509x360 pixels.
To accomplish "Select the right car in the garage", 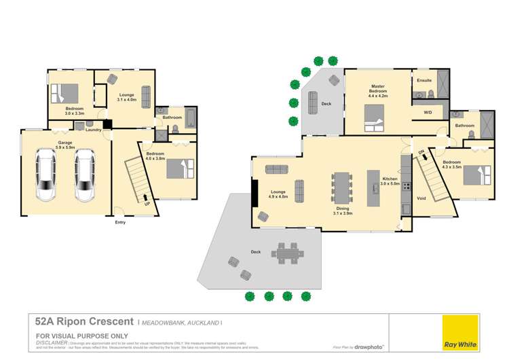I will pos(85,175).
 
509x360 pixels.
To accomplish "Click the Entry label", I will pos(120,222).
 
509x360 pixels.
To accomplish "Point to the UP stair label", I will pos(147,202).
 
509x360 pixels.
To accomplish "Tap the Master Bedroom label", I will pos(377,90).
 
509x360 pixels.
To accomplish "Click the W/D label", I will pos(428,112).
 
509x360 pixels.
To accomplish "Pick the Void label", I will pos(421,198).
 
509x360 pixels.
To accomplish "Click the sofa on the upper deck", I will pos(313,103).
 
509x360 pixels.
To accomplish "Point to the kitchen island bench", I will pos(372,187).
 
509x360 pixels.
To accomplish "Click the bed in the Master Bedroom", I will pos(373,124).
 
